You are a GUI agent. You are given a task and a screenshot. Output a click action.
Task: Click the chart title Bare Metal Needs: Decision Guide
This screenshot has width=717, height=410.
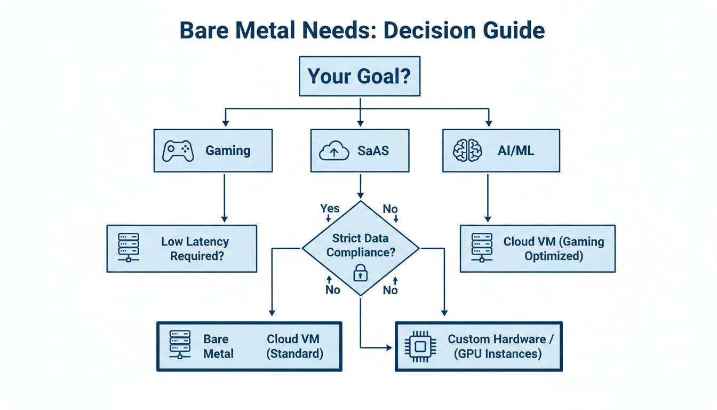(362, 31)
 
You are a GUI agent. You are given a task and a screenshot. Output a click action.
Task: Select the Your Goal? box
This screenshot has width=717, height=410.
(359, 76)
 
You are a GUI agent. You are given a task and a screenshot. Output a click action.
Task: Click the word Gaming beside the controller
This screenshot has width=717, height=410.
(228, 151)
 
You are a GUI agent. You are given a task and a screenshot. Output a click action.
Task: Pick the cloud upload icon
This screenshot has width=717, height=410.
(333, 152)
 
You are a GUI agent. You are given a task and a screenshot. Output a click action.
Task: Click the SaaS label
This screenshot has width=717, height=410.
(373, 151)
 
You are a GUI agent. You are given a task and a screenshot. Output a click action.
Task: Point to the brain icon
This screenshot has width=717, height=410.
(467, 151)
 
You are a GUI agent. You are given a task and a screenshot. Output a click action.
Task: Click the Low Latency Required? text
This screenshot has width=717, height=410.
(195, 249)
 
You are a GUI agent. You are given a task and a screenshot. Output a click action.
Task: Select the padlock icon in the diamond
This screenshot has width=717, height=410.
(361, 274)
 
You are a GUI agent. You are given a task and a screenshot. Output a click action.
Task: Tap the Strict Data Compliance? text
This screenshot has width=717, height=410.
(361, 246)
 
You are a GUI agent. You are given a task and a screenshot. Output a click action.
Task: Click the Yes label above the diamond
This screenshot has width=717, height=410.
(330, 208)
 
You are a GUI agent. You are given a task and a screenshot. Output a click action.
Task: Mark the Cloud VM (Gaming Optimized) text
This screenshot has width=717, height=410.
(553, 249)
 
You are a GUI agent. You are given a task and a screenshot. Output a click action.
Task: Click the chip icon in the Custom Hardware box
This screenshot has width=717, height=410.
(420, 346)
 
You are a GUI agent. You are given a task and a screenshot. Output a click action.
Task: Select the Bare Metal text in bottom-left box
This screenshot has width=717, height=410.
(218, 346)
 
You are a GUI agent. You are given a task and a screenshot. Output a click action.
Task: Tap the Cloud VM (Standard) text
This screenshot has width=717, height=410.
(295, 346)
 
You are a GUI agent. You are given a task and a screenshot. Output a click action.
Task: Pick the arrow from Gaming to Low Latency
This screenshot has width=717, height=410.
(224, 198)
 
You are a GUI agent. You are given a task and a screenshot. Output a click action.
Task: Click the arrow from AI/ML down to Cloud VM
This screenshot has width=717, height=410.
(487, 198)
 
